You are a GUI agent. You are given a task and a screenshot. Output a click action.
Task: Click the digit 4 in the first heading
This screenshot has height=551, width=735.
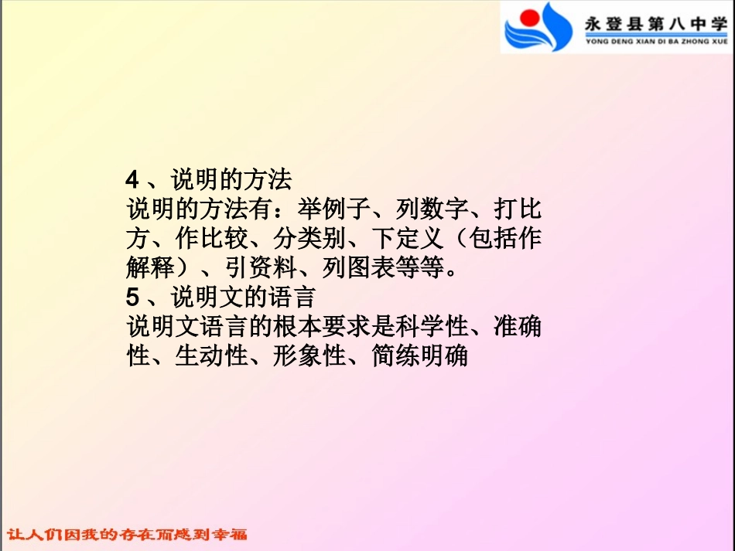(x=132, y=180)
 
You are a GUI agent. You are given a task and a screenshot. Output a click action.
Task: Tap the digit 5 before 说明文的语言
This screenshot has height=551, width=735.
(x=132, y=298)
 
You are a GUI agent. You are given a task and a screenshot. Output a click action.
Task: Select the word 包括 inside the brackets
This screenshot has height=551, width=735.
(x=493, y=239)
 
